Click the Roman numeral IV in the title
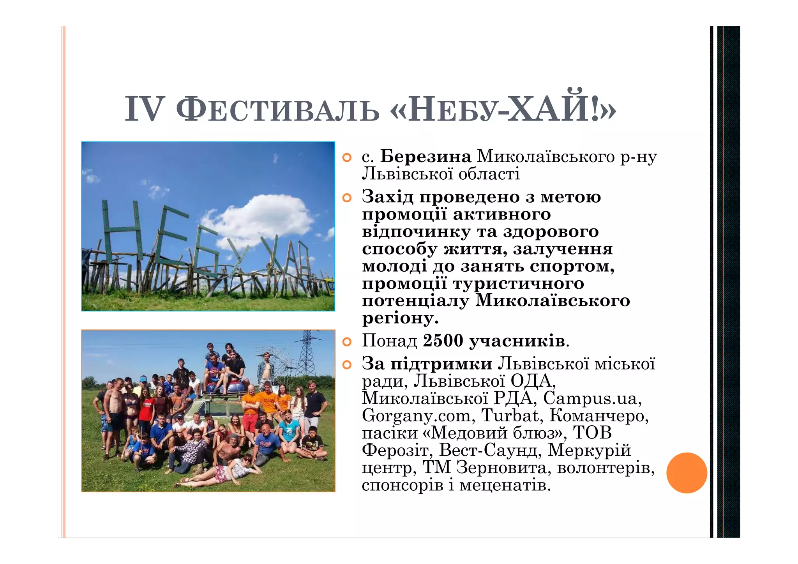tap(143, 110)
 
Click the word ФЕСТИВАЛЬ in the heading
tap(277, 111)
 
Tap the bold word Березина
tap(425, 157)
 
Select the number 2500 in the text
tap(443, 341)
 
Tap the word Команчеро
tap(599, 415)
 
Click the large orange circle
tap(687, 473)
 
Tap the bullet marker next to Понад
tap(346, 342)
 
